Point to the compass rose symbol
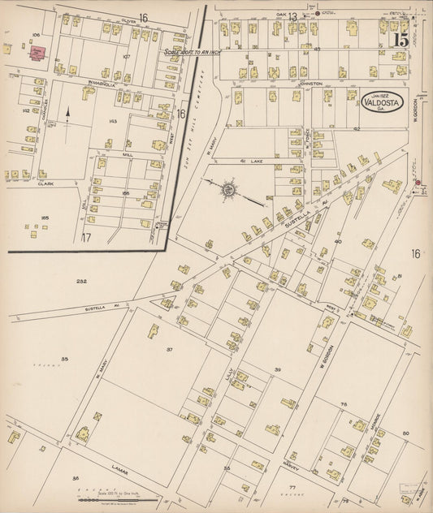tap(228, 190)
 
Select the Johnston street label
tap(311, 84)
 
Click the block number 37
tap(170, 350)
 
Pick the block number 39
tap(277, 370)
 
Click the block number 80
tap(405, 433)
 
